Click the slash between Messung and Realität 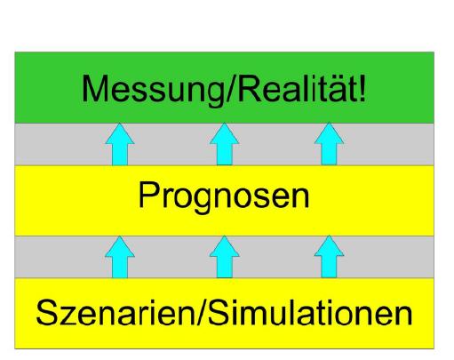(x=231, y=89)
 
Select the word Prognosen (x=224, y=196)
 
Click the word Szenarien (x=115, y=312)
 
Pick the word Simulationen (x=310, y=312)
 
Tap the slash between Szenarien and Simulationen (x=202, y=312)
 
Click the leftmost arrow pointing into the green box (x=120, y=144)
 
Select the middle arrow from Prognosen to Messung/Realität (x=225, y=144)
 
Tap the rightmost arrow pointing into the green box (x=329, y=144)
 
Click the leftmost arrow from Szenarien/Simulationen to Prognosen (x=120, y=257)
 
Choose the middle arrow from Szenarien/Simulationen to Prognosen (x=225, y=257)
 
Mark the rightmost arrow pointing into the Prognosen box (x=329, y=257)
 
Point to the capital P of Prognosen (x=149, y=195)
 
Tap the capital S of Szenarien (x=47, y=312)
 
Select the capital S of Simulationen (x=220, y=312)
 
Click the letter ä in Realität (x=340, y=91)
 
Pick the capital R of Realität (x=251, y=89)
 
